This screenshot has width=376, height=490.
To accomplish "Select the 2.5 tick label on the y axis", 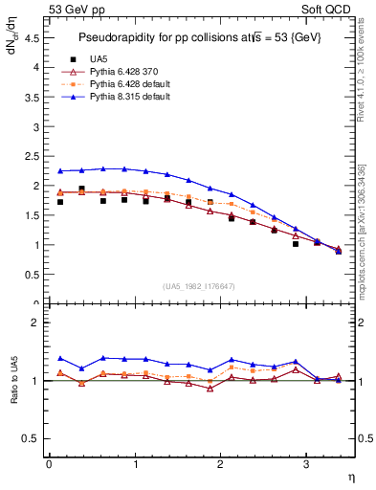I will coord(34,156).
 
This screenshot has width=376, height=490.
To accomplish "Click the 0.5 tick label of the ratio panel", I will coord(34,438).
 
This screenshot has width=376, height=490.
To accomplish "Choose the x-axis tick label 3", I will coord(305,464).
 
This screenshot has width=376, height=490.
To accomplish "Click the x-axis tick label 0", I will coord(49,464).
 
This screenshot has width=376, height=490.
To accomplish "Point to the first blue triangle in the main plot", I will coord(60,171).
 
